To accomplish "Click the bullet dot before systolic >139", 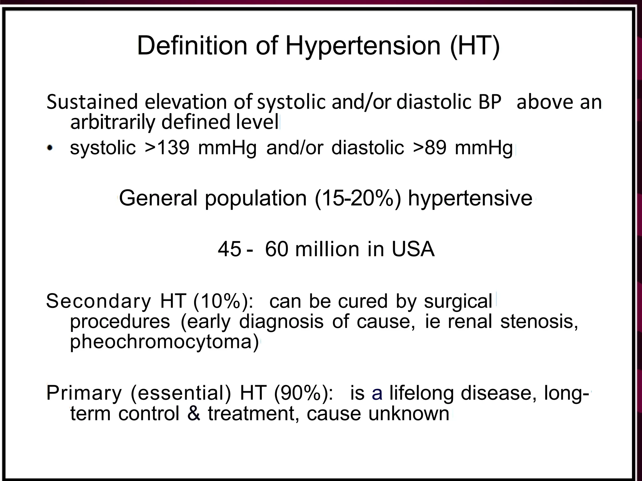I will click(x=50, y=147).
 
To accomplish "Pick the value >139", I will click(x=167, y=147).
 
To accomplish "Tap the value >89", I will click(x=429, y=147).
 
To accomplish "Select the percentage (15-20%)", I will click(x=358, y=199).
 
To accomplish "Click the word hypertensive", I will click(x=470, y=199).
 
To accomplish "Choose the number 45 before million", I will click(x=229, y=250).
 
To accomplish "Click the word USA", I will click(x=413, y=250).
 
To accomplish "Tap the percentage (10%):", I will click(x=223, y=301).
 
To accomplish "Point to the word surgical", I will click(x=458, y=301).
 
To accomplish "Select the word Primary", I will click(x=84, y=393).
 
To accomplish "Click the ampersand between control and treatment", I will click(x=194, y=414).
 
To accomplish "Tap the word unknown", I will click(x=409, y=414).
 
